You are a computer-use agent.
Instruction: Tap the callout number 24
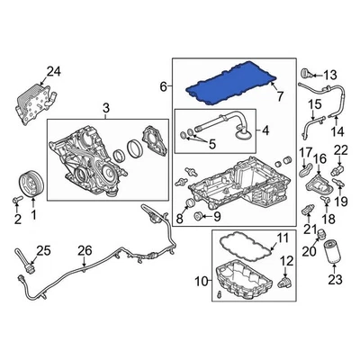tap(54, 72)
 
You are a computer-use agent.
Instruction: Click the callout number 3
tap(105, 109)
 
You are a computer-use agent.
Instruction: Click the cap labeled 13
tap(306, 71)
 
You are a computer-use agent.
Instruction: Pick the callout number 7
tap(278, 94)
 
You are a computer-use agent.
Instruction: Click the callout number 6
tap(164, 86)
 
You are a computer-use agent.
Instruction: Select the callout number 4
tap(265, 130)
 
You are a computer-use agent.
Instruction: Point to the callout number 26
tap(84, 249)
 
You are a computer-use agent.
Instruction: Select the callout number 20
tap(308, 249)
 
